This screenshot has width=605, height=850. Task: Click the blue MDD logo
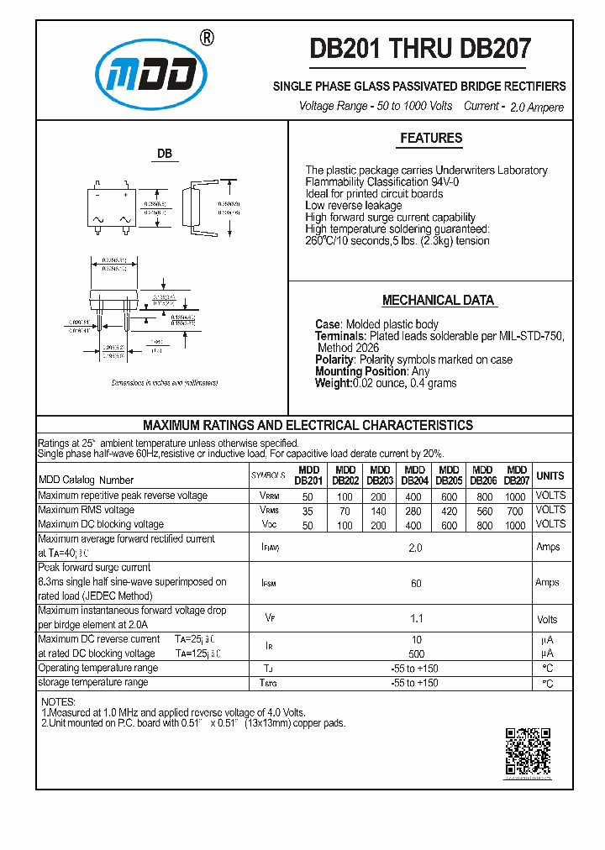click(x=151, y=76)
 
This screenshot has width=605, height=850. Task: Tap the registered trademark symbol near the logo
click(x=207, y=38)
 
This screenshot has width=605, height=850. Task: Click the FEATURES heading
click(x=430, y=139)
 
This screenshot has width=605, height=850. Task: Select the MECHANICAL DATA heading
click(x=438, y=301)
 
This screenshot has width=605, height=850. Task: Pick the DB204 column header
click(x=414, y=476)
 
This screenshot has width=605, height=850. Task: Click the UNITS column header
click(x=550, y=476)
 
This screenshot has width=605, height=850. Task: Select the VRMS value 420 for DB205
click(x=449, y=510)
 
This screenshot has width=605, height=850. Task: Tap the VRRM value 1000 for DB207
click(x=515, y=496)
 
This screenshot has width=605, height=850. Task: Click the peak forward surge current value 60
click(x=415, y=582)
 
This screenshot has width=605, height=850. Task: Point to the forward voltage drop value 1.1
click(x=415, y=619)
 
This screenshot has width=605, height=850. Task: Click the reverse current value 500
click(x=415, y=653)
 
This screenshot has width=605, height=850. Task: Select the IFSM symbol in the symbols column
click(x=269, y=582)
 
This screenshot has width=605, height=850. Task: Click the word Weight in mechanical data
click(x=333, y=383)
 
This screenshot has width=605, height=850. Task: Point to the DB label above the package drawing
click(x=165, y=155)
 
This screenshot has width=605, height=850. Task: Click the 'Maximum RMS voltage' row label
click(x=86, y=510)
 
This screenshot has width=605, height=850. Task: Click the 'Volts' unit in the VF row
click(x=547, y=620)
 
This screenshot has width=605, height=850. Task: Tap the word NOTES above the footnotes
click(x=58, y=702)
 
